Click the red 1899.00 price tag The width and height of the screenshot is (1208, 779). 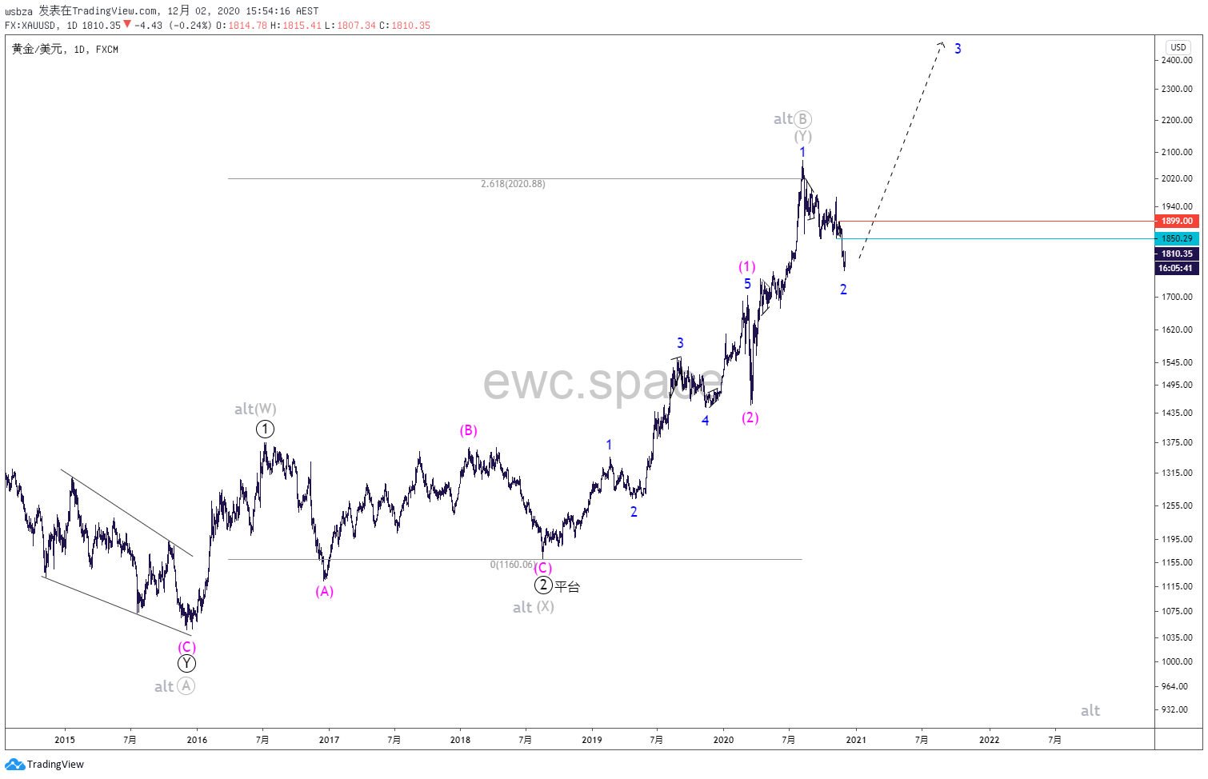1177,221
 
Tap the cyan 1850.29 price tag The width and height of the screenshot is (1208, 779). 1177,238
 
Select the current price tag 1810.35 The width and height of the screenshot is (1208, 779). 1177,254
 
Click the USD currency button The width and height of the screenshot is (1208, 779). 1178,47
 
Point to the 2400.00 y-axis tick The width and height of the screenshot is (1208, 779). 1177,60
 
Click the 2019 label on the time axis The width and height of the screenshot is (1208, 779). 592,740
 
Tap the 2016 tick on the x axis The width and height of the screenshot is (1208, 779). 197,740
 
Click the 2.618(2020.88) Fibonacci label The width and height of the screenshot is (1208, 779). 513,184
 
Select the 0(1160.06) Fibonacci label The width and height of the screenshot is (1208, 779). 512,565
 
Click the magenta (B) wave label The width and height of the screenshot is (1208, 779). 468,430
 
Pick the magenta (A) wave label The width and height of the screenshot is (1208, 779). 324,591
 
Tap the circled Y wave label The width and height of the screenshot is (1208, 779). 186,663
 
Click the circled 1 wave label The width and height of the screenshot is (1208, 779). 265,429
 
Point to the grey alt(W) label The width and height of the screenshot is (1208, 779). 255,409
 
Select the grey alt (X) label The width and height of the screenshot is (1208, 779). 534,607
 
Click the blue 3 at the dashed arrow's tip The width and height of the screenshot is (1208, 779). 958,49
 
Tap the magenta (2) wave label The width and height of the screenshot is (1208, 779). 750,417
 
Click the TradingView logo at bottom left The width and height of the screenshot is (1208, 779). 45,764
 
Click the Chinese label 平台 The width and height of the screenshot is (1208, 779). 567,587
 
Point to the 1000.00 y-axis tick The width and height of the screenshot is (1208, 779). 1177,661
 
